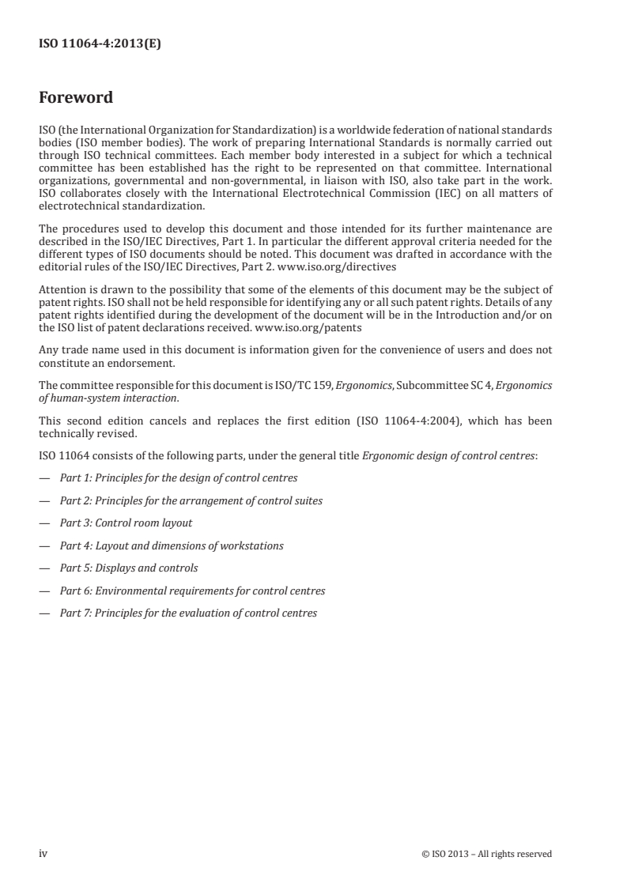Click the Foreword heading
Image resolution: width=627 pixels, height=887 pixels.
tap(76, 98)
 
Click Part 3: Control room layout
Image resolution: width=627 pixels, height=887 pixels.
tap(126, 523)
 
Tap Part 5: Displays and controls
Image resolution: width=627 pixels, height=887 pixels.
tap(129, 568)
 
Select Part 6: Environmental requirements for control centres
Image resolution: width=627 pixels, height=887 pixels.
tap(192, 591)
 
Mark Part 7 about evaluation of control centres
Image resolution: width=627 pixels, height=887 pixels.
tap(188, 613)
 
